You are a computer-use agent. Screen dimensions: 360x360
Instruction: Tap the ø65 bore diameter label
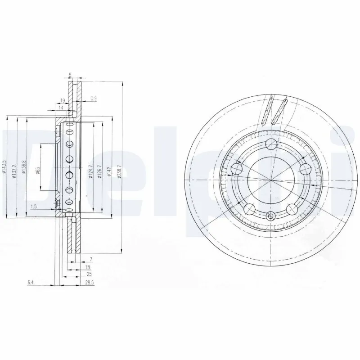pos(38,171)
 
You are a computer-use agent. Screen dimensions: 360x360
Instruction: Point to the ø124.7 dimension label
pos(90,171)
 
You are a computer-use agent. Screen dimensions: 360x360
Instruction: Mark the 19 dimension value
pos(63,101)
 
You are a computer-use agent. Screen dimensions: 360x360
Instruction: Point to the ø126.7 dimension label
pos(100,171)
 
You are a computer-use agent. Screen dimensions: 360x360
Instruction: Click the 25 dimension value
pos(90,274)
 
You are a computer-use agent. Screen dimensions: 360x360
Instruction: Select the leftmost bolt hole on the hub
pos(237,169)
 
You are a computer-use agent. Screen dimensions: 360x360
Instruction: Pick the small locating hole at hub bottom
pos(270,216)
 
